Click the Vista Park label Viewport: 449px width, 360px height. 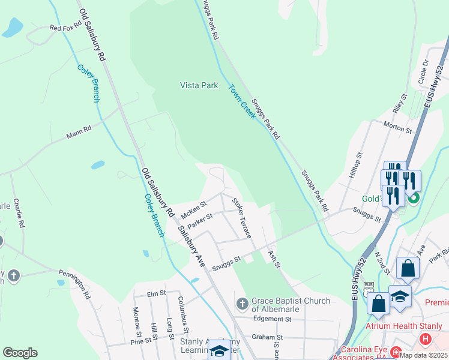coord(199,85)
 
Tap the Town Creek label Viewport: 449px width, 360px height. coord(242,101)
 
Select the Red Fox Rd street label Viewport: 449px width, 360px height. coord(65,28)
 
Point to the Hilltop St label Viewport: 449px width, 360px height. coord(358,163)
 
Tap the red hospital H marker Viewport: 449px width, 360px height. coord(426,340)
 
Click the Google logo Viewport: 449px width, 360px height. coord(20,353)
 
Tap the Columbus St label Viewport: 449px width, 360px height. coord(183,313)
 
